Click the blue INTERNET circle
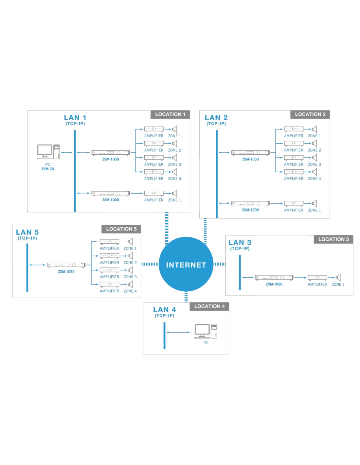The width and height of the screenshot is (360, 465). [186, 264]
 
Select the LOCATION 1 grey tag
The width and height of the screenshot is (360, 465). [170, 114]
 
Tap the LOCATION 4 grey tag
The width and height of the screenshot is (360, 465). [209, 306]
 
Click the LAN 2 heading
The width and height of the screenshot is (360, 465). [216, 118]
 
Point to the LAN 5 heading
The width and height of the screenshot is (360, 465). [27, 232]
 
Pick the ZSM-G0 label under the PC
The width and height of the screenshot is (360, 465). [47, 169]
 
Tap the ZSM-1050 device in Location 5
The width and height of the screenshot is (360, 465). [66, 265]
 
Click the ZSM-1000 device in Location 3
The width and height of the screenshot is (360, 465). [274, 278]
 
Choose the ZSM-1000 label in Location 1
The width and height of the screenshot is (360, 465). [110, 200]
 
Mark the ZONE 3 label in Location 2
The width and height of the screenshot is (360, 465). [314, 164]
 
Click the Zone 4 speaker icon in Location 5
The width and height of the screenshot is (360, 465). [130, 284]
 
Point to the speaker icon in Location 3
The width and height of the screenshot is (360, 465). [338, 278]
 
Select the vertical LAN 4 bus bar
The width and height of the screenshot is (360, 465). [164, 336]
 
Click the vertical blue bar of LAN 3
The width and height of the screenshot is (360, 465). [240, 272]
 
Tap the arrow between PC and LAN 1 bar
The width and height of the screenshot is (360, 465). [67, 152]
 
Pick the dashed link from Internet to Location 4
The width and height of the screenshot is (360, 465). [186, 297]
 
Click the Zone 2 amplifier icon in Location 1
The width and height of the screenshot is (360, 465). [154, 143]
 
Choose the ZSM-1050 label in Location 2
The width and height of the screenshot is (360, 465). [250, 159]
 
